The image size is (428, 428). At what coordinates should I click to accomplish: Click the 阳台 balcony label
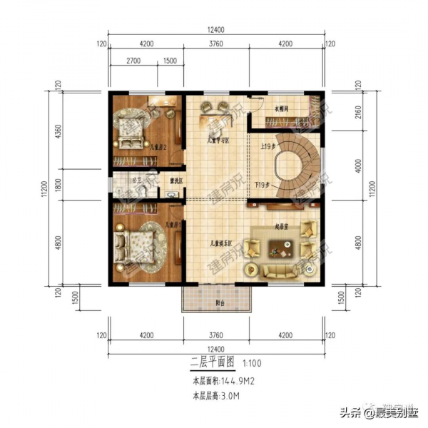(x=219, y=302)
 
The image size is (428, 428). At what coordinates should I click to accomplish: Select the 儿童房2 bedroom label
(x=158, y=147)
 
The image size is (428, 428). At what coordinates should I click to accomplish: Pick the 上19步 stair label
(x=270, y=147)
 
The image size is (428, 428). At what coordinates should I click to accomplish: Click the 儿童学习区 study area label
(x=217, y=141)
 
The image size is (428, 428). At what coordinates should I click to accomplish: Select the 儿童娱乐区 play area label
(x=220, y=244)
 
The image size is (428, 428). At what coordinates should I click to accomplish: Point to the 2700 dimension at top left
(x=132, y=61)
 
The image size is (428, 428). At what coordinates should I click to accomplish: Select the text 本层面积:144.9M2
(x=222, y=381)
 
